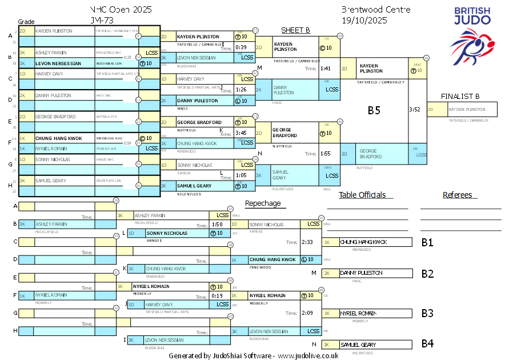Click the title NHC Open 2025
121,10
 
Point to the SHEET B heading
295,30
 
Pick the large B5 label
374,110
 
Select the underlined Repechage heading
263,203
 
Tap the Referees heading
457,195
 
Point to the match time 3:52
415,110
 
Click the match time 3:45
241,133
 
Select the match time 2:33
308,242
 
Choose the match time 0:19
217,295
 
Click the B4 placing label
427,344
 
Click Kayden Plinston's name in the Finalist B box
467,109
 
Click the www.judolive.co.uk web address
308,355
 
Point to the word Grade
26,22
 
